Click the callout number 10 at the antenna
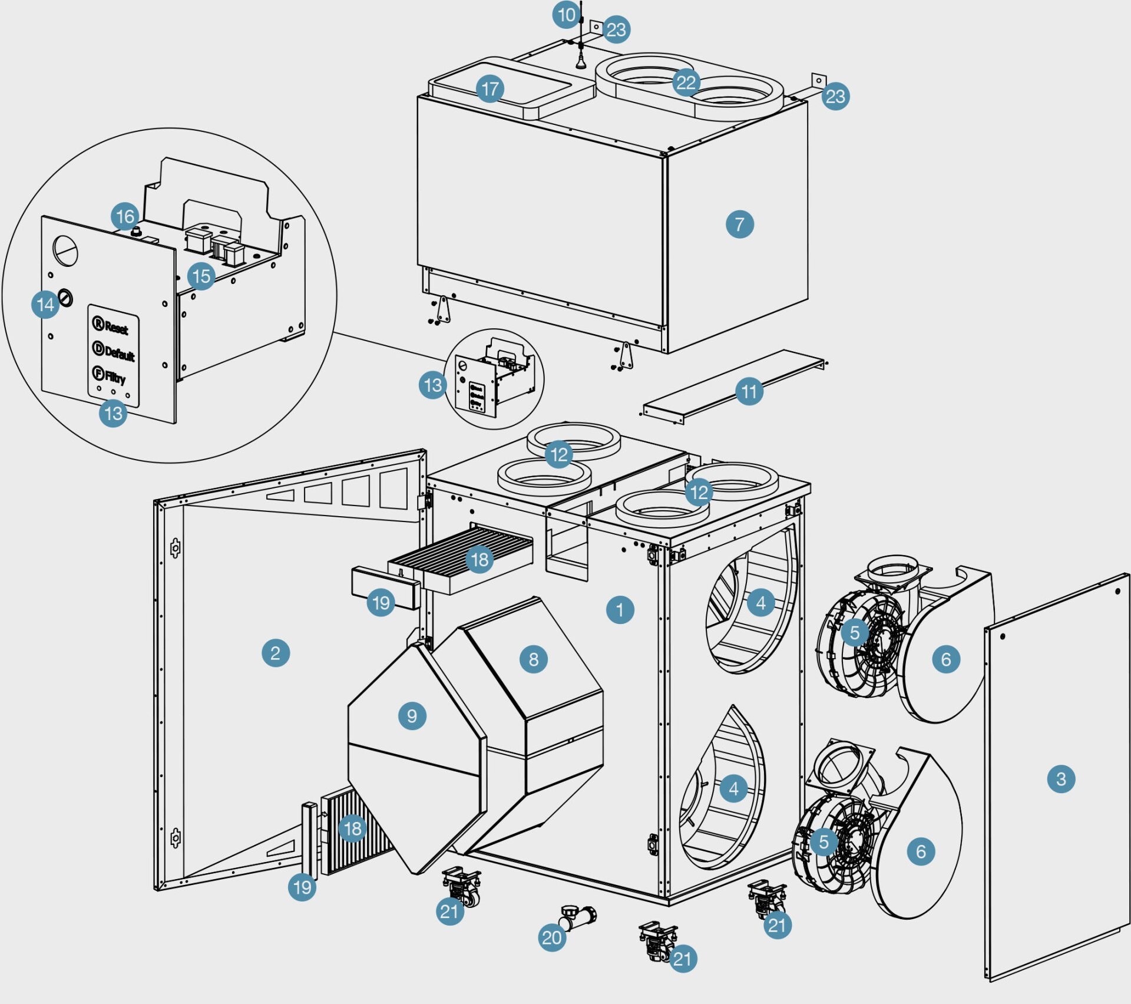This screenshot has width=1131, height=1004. pyautogui.click(x=566, y=15)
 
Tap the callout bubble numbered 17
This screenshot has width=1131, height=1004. pyautogui.click(x=490, y=89)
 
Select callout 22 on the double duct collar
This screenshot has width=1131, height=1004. pyautogui.click(x=686, y=82)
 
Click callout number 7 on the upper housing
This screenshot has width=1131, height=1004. pyautogui.click(x=739, y=224)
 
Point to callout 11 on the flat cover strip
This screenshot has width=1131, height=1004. pyautogui.click(x=749, y=391)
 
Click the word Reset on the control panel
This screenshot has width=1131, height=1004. pyautogui.click(x=117, y=328)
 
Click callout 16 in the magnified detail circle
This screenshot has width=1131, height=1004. pyautogui.click(x=125, y=216)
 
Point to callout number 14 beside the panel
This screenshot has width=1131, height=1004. pyautogui.click(x=45, y=305)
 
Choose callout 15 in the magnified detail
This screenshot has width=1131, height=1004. pyautogui.click(x=201, y=276)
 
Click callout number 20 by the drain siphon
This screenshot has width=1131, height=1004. pyautogui.click(x=552, y=937)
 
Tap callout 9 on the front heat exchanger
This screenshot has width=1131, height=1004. pyautogui.click(x=412, y=716)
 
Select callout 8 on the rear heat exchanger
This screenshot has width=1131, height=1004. pyautogui.click(x=533, y=659)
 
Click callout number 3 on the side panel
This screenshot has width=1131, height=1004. pyautogui.click(x=1061, y=779)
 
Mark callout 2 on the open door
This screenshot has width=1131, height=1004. pyautogui.click(x=275, y=653)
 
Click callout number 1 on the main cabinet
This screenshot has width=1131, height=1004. pyautogui.click(x=620, y=609)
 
